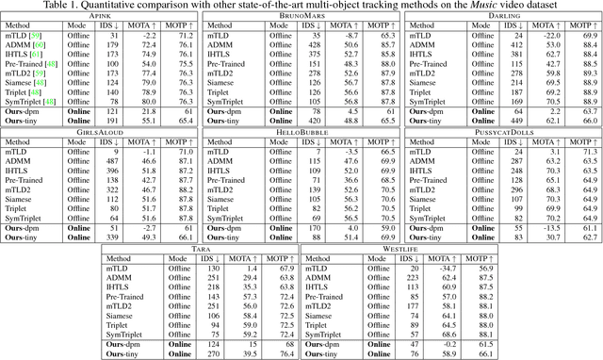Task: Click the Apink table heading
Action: [101, 18]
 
